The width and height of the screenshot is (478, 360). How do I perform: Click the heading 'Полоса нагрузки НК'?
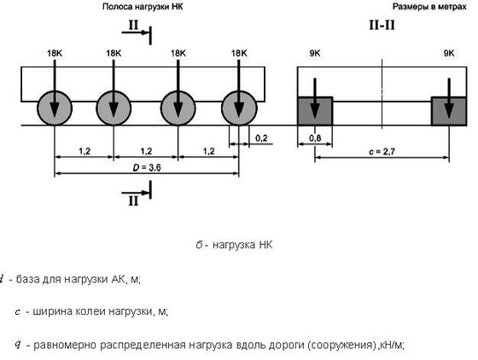pos(143,7)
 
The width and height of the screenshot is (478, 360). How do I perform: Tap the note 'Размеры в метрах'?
pos(429,7)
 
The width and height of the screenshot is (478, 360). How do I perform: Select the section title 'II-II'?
pos(382,25)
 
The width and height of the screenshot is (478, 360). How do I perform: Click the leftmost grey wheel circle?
pos(55,108)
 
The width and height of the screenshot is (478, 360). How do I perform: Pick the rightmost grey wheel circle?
pos(239,108)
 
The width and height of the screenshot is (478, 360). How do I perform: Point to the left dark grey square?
pos(315,111)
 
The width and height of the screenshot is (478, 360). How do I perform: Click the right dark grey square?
pos(449,111)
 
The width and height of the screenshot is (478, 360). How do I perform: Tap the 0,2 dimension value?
pos(261,138)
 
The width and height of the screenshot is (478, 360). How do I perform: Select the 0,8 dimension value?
pos(315,138)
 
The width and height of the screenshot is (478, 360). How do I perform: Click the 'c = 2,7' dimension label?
pos(382,152)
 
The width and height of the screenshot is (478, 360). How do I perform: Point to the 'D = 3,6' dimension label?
pos(147,167)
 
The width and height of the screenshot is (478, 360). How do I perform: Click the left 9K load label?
pos(315,53)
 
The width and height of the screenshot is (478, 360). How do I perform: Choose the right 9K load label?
pos(449,53)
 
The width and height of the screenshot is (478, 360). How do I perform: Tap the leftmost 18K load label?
pos(55,53)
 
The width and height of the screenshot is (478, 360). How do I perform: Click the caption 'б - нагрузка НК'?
pos(234,245)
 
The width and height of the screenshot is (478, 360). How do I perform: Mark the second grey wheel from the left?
pos(114,108)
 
